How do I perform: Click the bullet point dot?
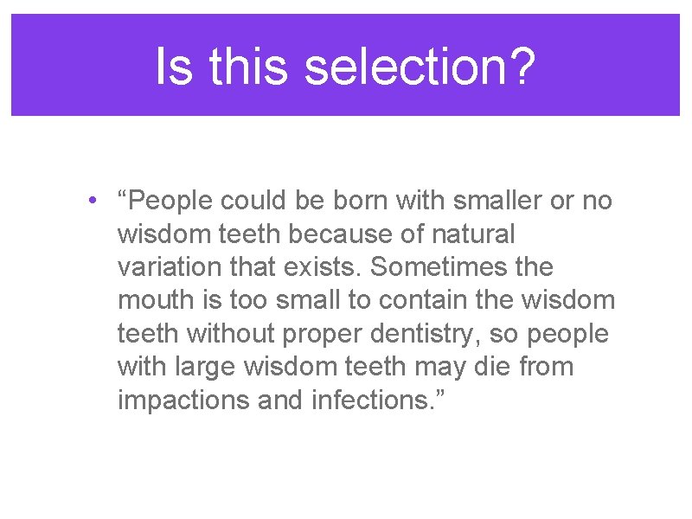click(92, 202)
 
